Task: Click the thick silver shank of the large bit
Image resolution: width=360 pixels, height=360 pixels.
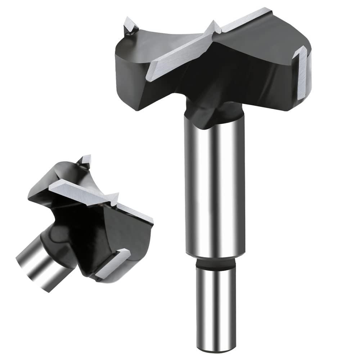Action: (x=215, y=187)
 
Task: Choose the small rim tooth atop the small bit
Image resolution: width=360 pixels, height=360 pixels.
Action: (x=85, y=161)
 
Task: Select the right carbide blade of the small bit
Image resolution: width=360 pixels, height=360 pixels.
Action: (x=137, y=214)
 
